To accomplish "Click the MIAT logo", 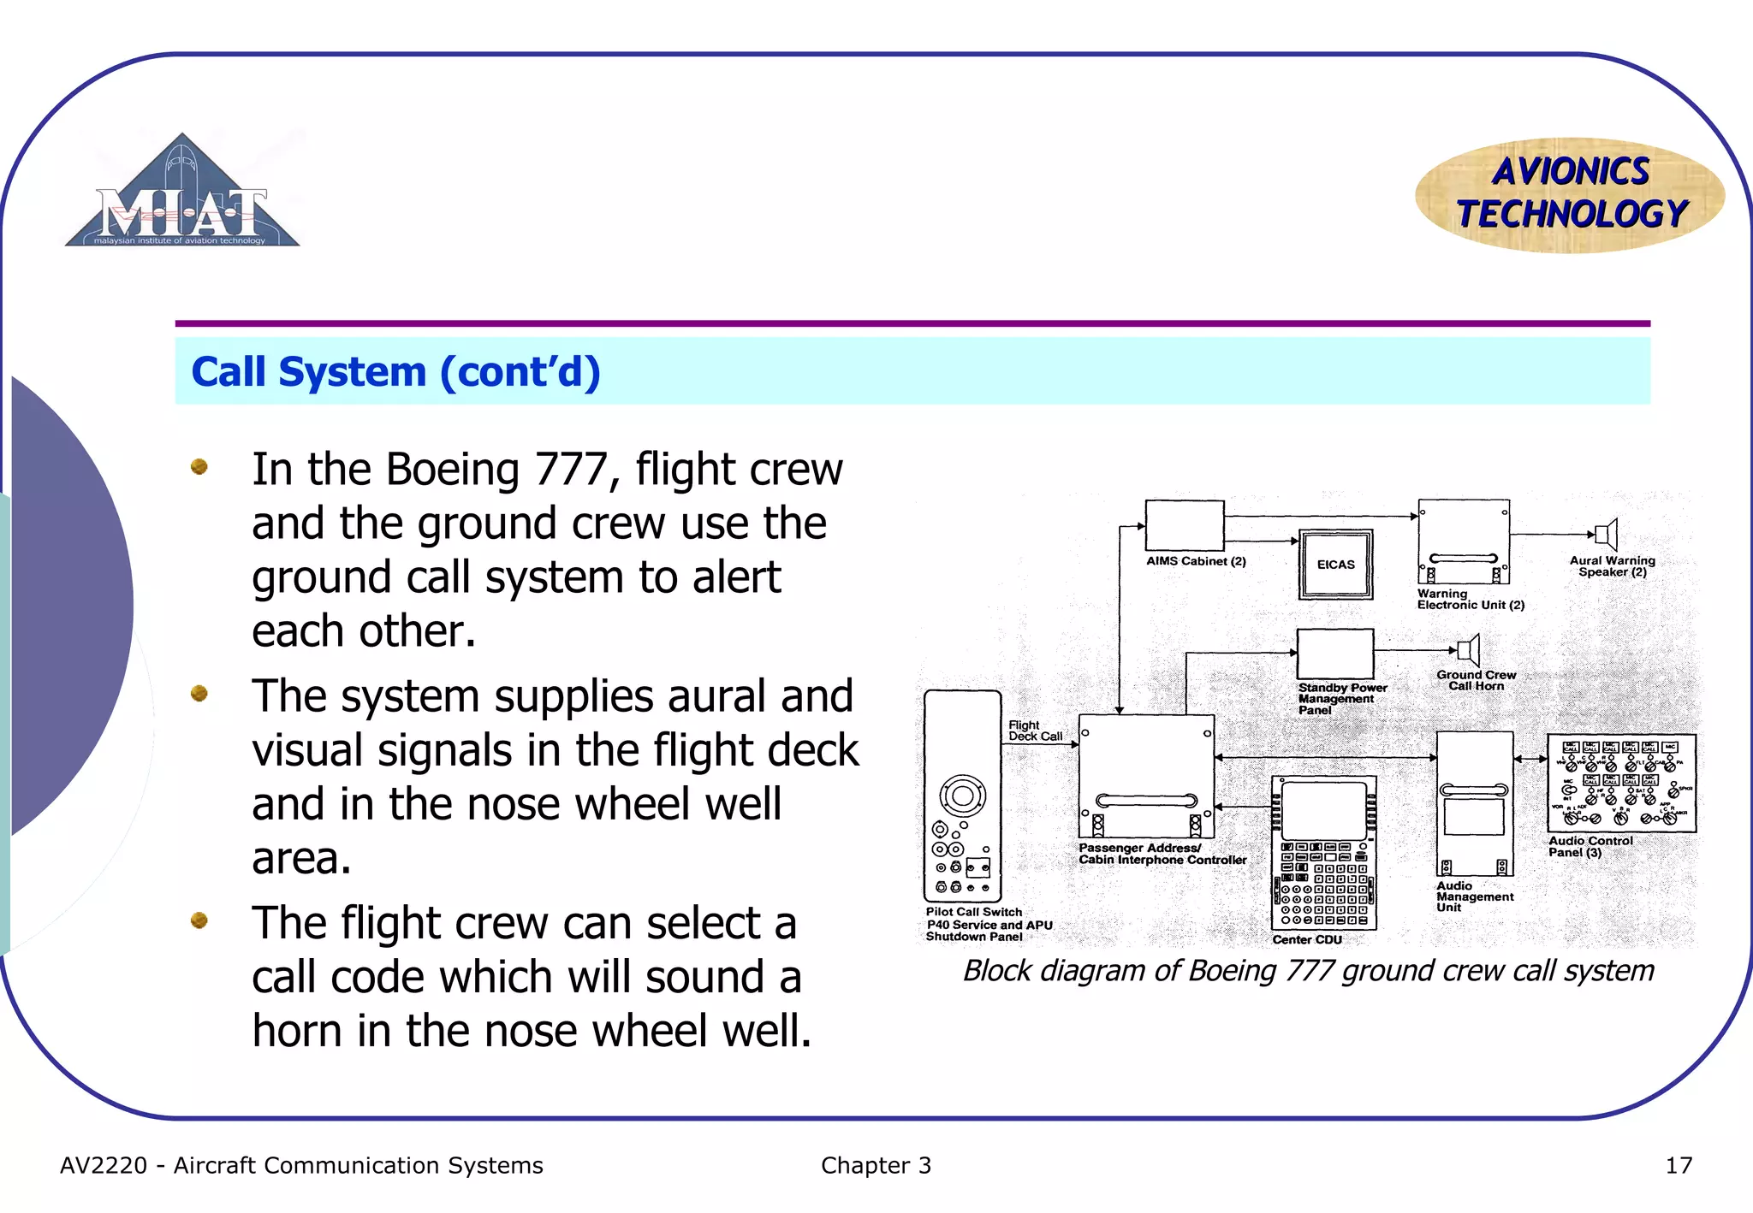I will point(182,195).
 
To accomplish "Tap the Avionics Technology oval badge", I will point(1570,195).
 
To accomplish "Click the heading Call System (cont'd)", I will point(395,372).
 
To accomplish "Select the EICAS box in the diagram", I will point(1335,565).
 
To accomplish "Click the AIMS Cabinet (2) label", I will point(1196,561).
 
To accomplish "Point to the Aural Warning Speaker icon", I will point(1607,535).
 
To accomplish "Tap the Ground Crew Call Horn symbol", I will point(1468,651).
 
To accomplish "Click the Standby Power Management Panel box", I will point(1334,654).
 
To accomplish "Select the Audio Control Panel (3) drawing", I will point(1621,783).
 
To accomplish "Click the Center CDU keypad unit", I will point(1323,853).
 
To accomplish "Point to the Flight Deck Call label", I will point(1034,731).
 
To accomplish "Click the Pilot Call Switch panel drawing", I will point(962,796).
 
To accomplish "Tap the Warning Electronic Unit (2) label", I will point(1470,600).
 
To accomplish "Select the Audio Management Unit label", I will point(1474,896).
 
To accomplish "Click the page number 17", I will point(1678,1166).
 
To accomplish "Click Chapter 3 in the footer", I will point(875,1166).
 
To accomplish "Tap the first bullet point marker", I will point(199,467).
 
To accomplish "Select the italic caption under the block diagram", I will point(1308,971).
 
